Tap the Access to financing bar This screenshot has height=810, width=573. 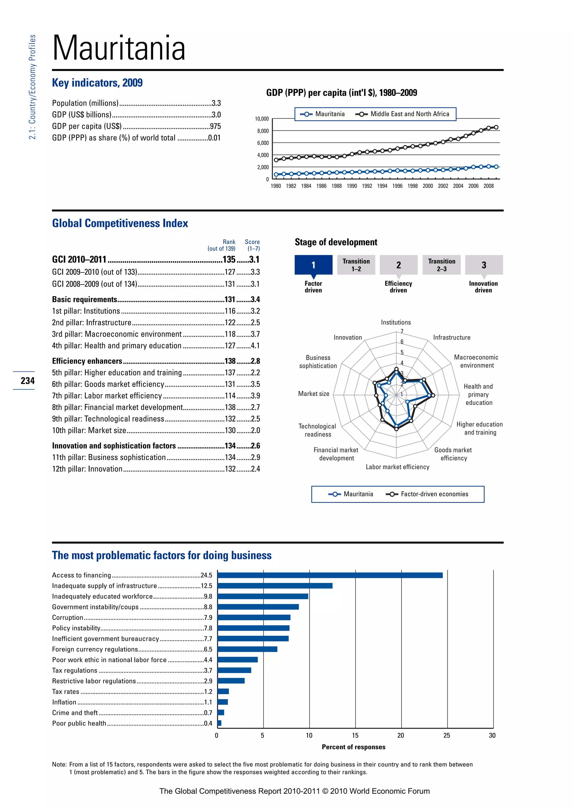pyautogui.click(x=330, y=575)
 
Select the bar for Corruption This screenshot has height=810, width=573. pyautogui.click(x=254, y=617)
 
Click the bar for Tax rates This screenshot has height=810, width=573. pyautogui.click(x=223, y=691)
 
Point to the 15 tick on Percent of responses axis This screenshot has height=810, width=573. pyautogui.click(x=355, y=735)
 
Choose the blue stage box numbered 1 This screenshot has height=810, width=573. pyautogui.click(x=313, y=265)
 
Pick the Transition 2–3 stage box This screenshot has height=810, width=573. pyautogui.click(x=442, y=265)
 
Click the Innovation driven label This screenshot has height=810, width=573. pyautogui.click(x=483, y=286)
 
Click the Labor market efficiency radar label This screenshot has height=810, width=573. pyautogui.click(x=397, y=467)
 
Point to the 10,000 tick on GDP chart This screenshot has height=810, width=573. pyautogui.click(x=262, y=119)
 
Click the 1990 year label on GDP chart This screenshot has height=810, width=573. pyautogui.click(x=352, y=186)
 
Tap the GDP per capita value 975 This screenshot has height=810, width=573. pyautogui.click(x=215, y=126)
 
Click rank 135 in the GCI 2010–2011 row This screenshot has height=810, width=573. pyautogui.click(x=229, y=260)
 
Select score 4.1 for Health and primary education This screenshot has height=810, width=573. pyautogui.click(x=255, y=346)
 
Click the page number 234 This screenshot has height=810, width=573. pyautogui.click(x=27, y=381)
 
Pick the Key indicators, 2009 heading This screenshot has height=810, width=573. pyautogui.click(x=97, y=83)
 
